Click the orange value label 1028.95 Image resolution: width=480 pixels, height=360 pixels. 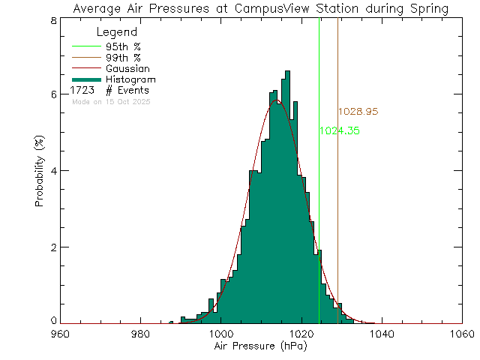click(357, 111)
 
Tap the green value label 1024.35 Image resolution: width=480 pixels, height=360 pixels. click(340, 130)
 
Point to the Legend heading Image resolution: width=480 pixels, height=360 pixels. click(117, 33)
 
